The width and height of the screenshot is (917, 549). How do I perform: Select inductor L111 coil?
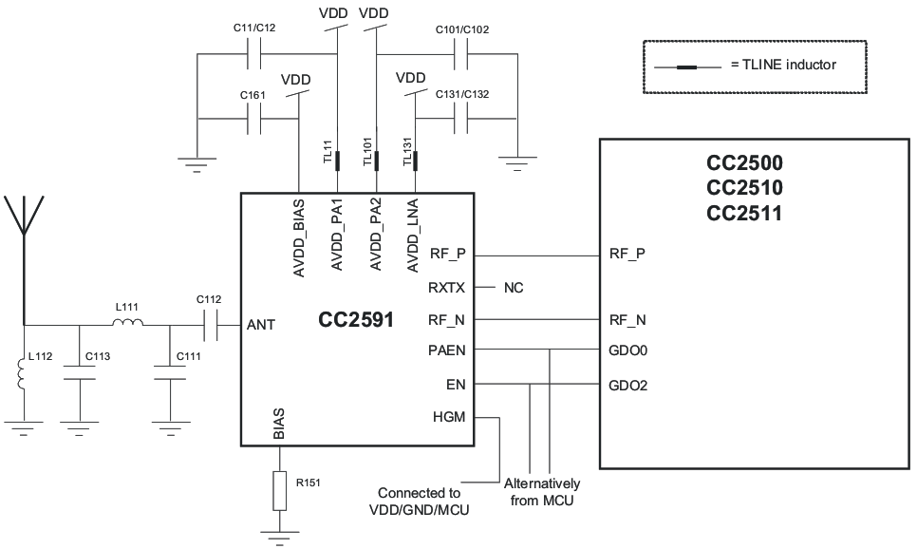pyautogui.click(x=127, y=325)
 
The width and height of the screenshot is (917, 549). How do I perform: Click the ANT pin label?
pyautogui.click(x=261, y=325)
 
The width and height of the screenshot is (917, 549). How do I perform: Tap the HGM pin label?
pyautogui.click(x=449, y=416)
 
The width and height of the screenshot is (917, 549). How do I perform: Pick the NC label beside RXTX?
pyautogui.click(x=514, y=287)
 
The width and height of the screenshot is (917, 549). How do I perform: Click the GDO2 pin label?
pyautogui.click(x=627, y=386)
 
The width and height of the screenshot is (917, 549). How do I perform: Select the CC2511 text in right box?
pyautogui.click(x=743, y=213)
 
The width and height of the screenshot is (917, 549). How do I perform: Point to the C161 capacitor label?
pyautogui.click(x=252, y=95)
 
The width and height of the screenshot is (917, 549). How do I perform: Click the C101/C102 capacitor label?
pyautogui.click(x=462, y=29)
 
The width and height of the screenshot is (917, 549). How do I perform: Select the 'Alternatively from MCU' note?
pyautogui.click(x=541, y=492)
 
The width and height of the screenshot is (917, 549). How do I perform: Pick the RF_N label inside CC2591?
pyautogui.click(x=447, y=319)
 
